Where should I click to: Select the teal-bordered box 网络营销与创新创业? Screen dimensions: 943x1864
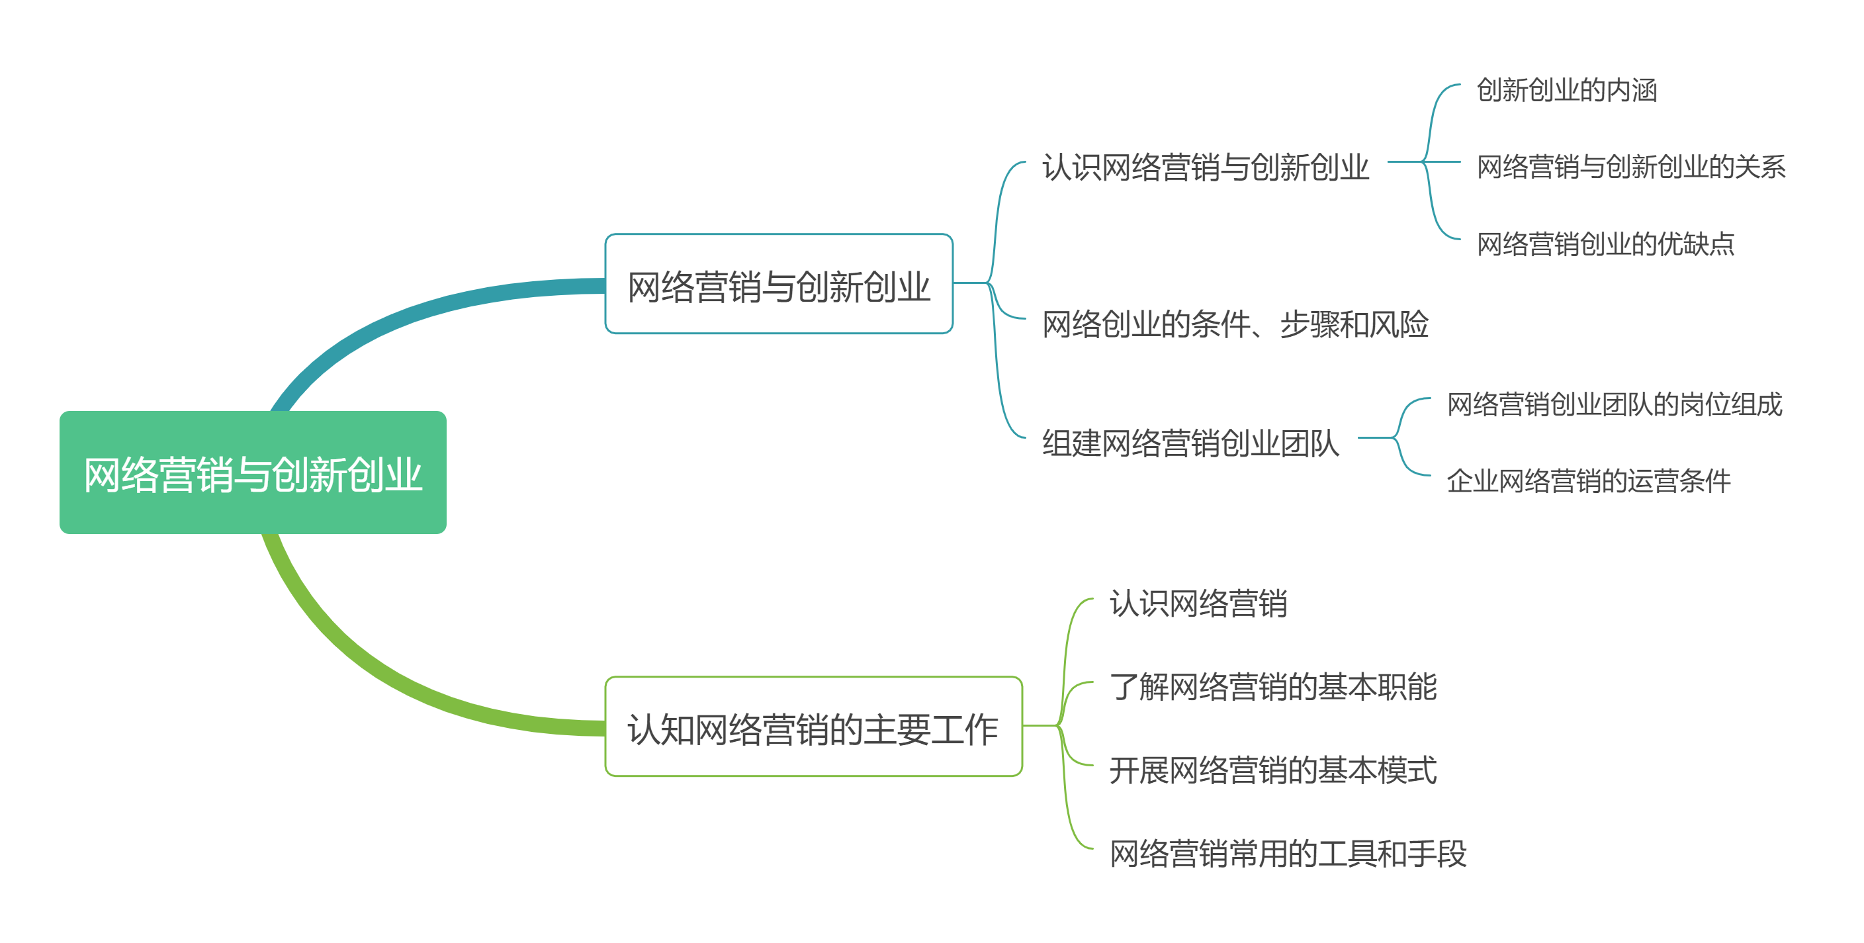click(x=778, y=285)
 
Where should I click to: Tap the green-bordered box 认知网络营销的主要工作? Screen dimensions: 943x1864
click(x=813, y=727)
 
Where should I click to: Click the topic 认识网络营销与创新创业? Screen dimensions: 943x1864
click(x=1205, y=167)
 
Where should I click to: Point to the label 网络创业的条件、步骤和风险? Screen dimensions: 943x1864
click(x=1235, y=324)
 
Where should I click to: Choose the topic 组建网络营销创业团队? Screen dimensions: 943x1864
click(x=1190, y=442)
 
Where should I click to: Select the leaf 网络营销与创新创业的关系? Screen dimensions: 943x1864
click(x=1630, y=167)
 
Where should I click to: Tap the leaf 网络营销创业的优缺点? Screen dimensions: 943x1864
click(x=1605, y=244)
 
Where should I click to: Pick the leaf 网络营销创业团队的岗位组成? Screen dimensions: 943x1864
click(x=1614, y=404)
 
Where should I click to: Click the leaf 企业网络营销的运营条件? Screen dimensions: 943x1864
click(x=1588, y=480)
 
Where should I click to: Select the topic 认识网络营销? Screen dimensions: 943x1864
click(x=1198, y=603)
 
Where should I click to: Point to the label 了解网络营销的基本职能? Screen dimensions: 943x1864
click(x=1273, y=686)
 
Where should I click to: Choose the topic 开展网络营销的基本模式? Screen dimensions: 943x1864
click(x=1273, y=770)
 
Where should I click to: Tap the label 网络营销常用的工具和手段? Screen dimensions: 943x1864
click(x=1288, y=853)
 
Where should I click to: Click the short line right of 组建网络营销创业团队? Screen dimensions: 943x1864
click(x=1375, y=438)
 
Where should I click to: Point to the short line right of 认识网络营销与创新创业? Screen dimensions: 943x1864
click(x=1403, y=162)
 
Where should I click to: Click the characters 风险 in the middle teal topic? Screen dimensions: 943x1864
click(x=1399, y=324)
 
